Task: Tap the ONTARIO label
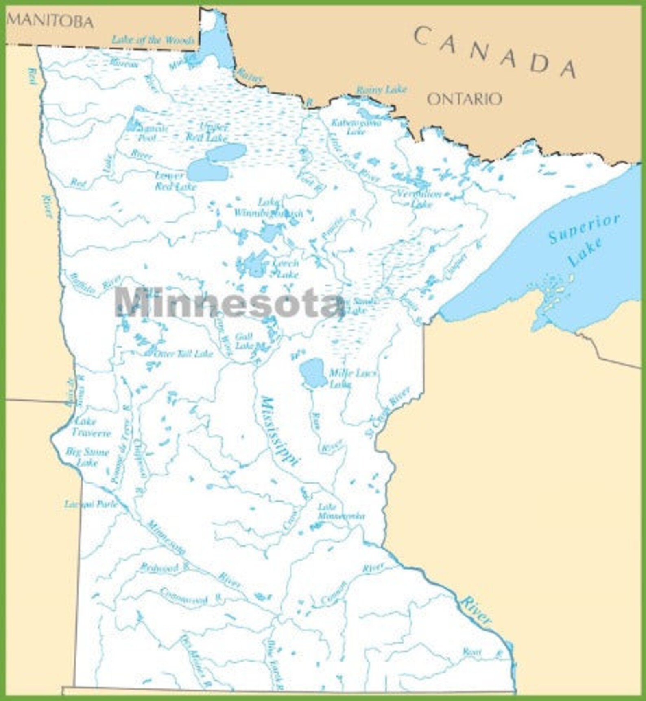tap(464, 99)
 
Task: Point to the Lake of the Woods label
tap(153, 40)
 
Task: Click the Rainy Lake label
tap(381, 90)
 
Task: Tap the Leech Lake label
tap(286, 269)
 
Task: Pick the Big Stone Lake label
tap(87, 457)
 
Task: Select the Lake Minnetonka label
tap(341, 511)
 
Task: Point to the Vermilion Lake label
tap(420, 198)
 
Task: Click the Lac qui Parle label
tap(91, 504)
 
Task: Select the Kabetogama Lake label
tap(356, 127)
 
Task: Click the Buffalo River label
tap(95, 284)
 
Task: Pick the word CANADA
tap(495, 52)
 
